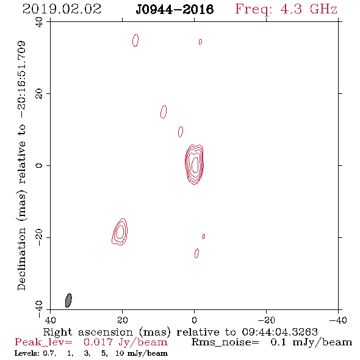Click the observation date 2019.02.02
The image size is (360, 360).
[62, 9]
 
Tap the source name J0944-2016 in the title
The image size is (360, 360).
[175, 10]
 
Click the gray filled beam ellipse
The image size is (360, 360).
[68, 300]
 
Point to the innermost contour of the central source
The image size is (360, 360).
[192, 164]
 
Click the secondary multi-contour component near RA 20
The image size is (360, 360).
[120, 232]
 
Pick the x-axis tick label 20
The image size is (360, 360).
[122, 320]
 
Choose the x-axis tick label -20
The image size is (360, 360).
[266, 320]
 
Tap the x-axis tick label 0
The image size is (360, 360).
[194, 320]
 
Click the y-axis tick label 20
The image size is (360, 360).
[39, 94]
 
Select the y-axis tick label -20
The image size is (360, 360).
[39, 237]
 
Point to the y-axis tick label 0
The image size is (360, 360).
[39, 165]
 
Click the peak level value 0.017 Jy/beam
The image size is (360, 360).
[126, 342]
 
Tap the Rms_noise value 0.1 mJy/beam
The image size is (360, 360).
[311, 342]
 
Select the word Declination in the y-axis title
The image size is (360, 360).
[21, 259]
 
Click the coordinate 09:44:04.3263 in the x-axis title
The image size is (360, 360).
[279, 332]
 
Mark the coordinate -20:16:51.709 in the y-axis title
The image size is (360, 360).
[21, 79]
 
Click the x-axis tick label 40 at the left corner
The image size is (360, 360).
[50, 320]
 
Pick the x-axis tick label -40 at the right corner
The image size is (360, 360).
[338, 320]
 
